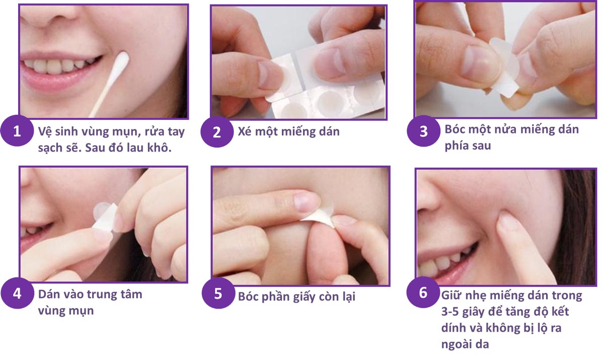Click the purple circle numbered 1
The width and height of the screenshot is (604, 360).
pyautogui.click(x=17, y=131)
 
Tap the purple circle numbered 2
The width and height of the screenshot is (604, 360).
pyautogui.click(x=217, y=132)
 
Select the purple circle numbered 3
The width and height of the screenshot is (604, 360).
pyautogui.click(x=423, y=131)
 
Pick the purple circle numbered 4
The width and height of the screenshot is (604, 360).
pyautogui.click(x=17, y=294)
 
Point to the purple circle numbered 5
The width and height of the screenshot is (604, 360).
pyautogui.click(x=218, y=294)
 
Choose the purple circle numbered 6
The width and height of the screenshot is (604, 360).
pyautogui.click(x=423, y=293)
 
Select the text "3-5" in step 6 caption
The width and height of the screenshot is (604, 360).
pyautogui.click(x=450, y=312)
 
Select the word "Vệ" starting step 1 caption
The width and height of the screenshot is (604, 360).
pyautogui.click(x=44, y=131)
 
